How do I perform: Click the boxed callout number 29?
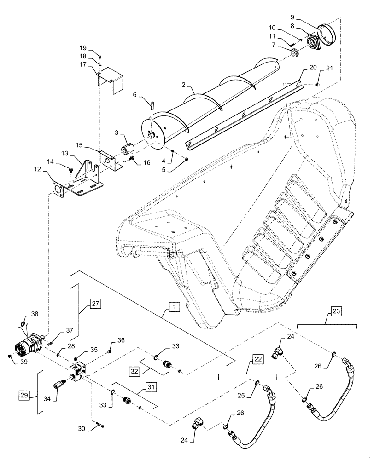pyautogui.click(x=25, y=395)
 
